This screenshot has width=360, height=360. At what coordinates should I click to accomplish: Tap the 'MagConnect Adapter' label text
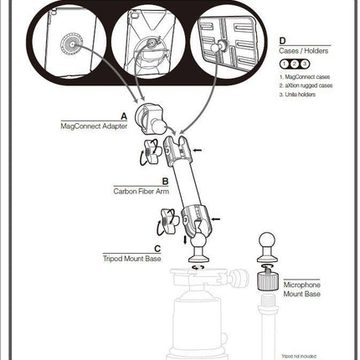pos(94,126)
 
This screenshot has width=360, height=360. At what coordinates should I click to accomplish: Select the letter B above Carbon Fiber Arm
pos(164,180)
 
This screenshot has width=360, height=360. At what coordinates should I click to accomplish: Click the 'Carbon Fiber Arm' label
pos(141,191)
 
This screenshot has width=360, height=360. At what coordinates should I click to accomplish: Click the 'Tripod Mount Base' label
pos(132,259)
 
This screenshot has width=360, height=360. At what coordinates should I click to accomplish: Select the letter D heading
pos(282,39)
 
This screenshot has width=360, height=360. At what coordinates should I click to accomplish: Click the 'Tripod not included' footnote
pos(299,354)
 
